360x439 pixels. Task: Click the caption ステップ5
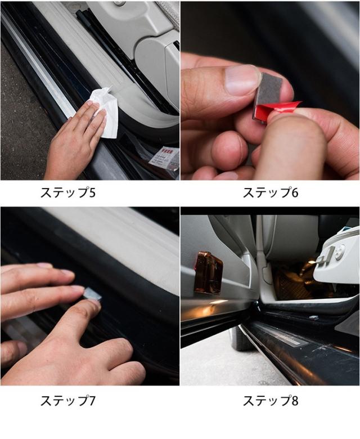68,192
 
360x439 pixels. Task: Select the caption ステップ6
271,192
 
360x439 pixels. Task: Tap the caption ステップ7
68,401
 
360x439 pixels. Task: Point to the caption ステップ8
271,401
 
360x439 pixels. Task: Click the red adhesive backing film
280,110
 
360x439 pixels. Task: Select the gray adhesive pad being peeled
268,92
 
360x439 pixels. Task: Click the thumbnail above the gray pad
242,80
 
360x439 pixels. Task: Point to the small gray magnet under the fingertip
92,294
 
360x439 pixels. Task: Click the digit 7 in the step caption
92,401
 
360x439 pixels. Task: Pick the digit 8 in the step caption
295,401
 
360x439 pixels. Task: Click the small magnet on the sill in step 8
314,317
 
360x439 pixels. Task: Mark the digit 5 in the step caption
92,192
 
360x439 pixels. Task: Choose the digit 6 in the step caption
295,192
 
